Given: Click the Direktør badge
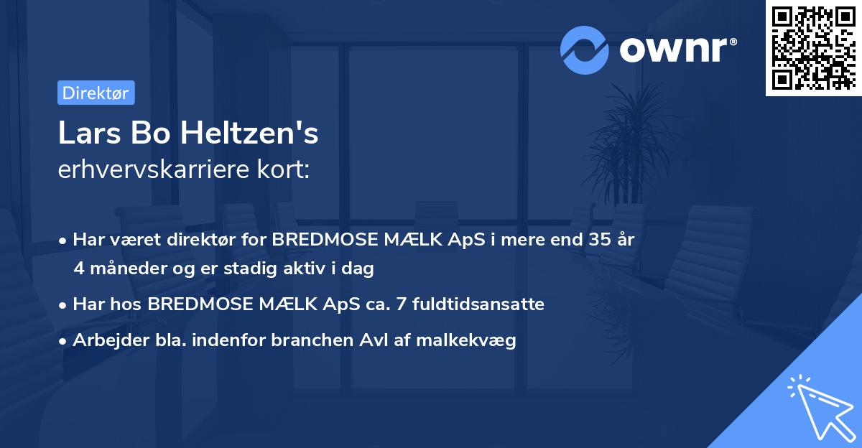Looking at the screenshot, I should tap(96, 93).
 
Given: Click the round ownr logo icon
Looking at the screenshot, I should tap(585, 50).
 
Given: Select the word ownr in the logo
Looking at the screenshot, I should tap(677, 50).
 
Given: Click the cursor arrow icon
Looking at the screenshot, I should tap(818, 405).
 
